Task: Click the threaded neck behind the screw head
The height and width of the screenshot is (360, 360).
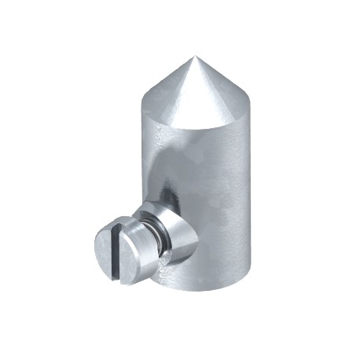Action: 156,236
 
